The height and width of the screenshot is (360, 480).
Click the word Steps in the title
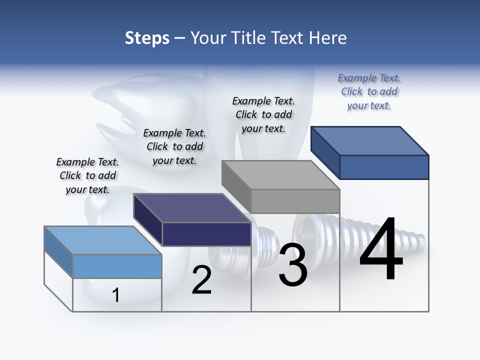147,38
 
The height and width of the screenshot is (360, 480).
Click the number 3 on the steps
293,265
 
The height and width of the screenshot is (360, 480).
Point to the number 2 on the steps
201,280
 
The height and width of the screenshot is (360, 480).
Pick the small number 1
116,295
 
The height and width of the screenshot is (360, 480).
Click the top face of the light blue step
102,240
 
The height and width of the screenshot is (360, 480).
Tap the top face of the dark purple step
192,208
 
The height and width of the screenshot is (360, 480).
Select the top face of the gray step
280,175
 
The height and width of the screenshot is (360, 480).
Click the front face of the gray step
295,201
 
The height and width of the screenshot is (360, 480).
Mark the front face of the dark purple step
206,234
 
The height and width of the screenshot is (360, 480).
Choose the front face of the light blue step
117,266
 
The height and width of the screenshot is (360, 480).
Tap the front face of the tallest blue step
384,167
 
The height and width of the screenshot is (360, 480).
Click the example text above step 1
87,175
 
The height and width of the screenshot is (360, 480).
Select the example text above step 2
174,146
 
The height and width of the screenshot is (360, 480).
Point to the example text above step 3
263,114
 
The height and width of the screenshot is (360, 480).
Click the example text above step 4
369,91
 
